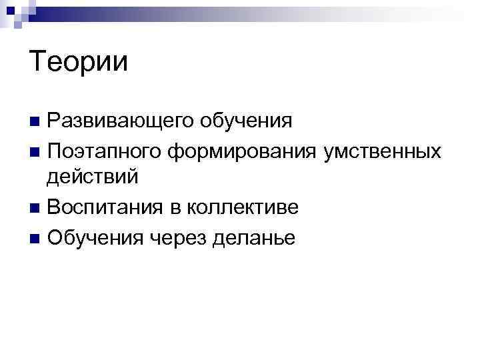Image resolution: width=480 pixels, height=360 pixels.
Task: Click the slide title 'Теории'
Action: click(x=79, y=63)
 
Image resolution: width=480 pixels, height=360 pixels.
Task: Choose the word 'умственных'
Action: click(x=382, y=151)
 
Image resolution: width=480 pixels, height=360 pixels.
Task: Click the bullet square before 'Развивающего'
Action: click(x=35, y=123)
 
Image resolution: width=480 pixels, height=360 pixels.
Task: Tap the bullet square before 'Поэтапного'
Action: click(x=35, y=152)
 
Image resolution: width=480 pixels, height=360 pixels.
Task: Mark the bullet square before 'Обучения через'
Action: click(x=35, y=237)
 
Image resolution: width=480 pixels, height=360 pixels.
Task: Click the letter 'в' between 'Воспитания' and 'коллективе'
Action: click(x=175, y=208)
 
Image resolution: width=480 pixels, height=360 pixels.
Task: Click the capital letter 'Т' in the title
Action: click(x=39, y=63)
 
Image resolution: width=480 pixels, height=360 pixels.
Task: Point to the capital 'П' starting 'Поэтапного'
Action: click(x=55, y=151)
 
